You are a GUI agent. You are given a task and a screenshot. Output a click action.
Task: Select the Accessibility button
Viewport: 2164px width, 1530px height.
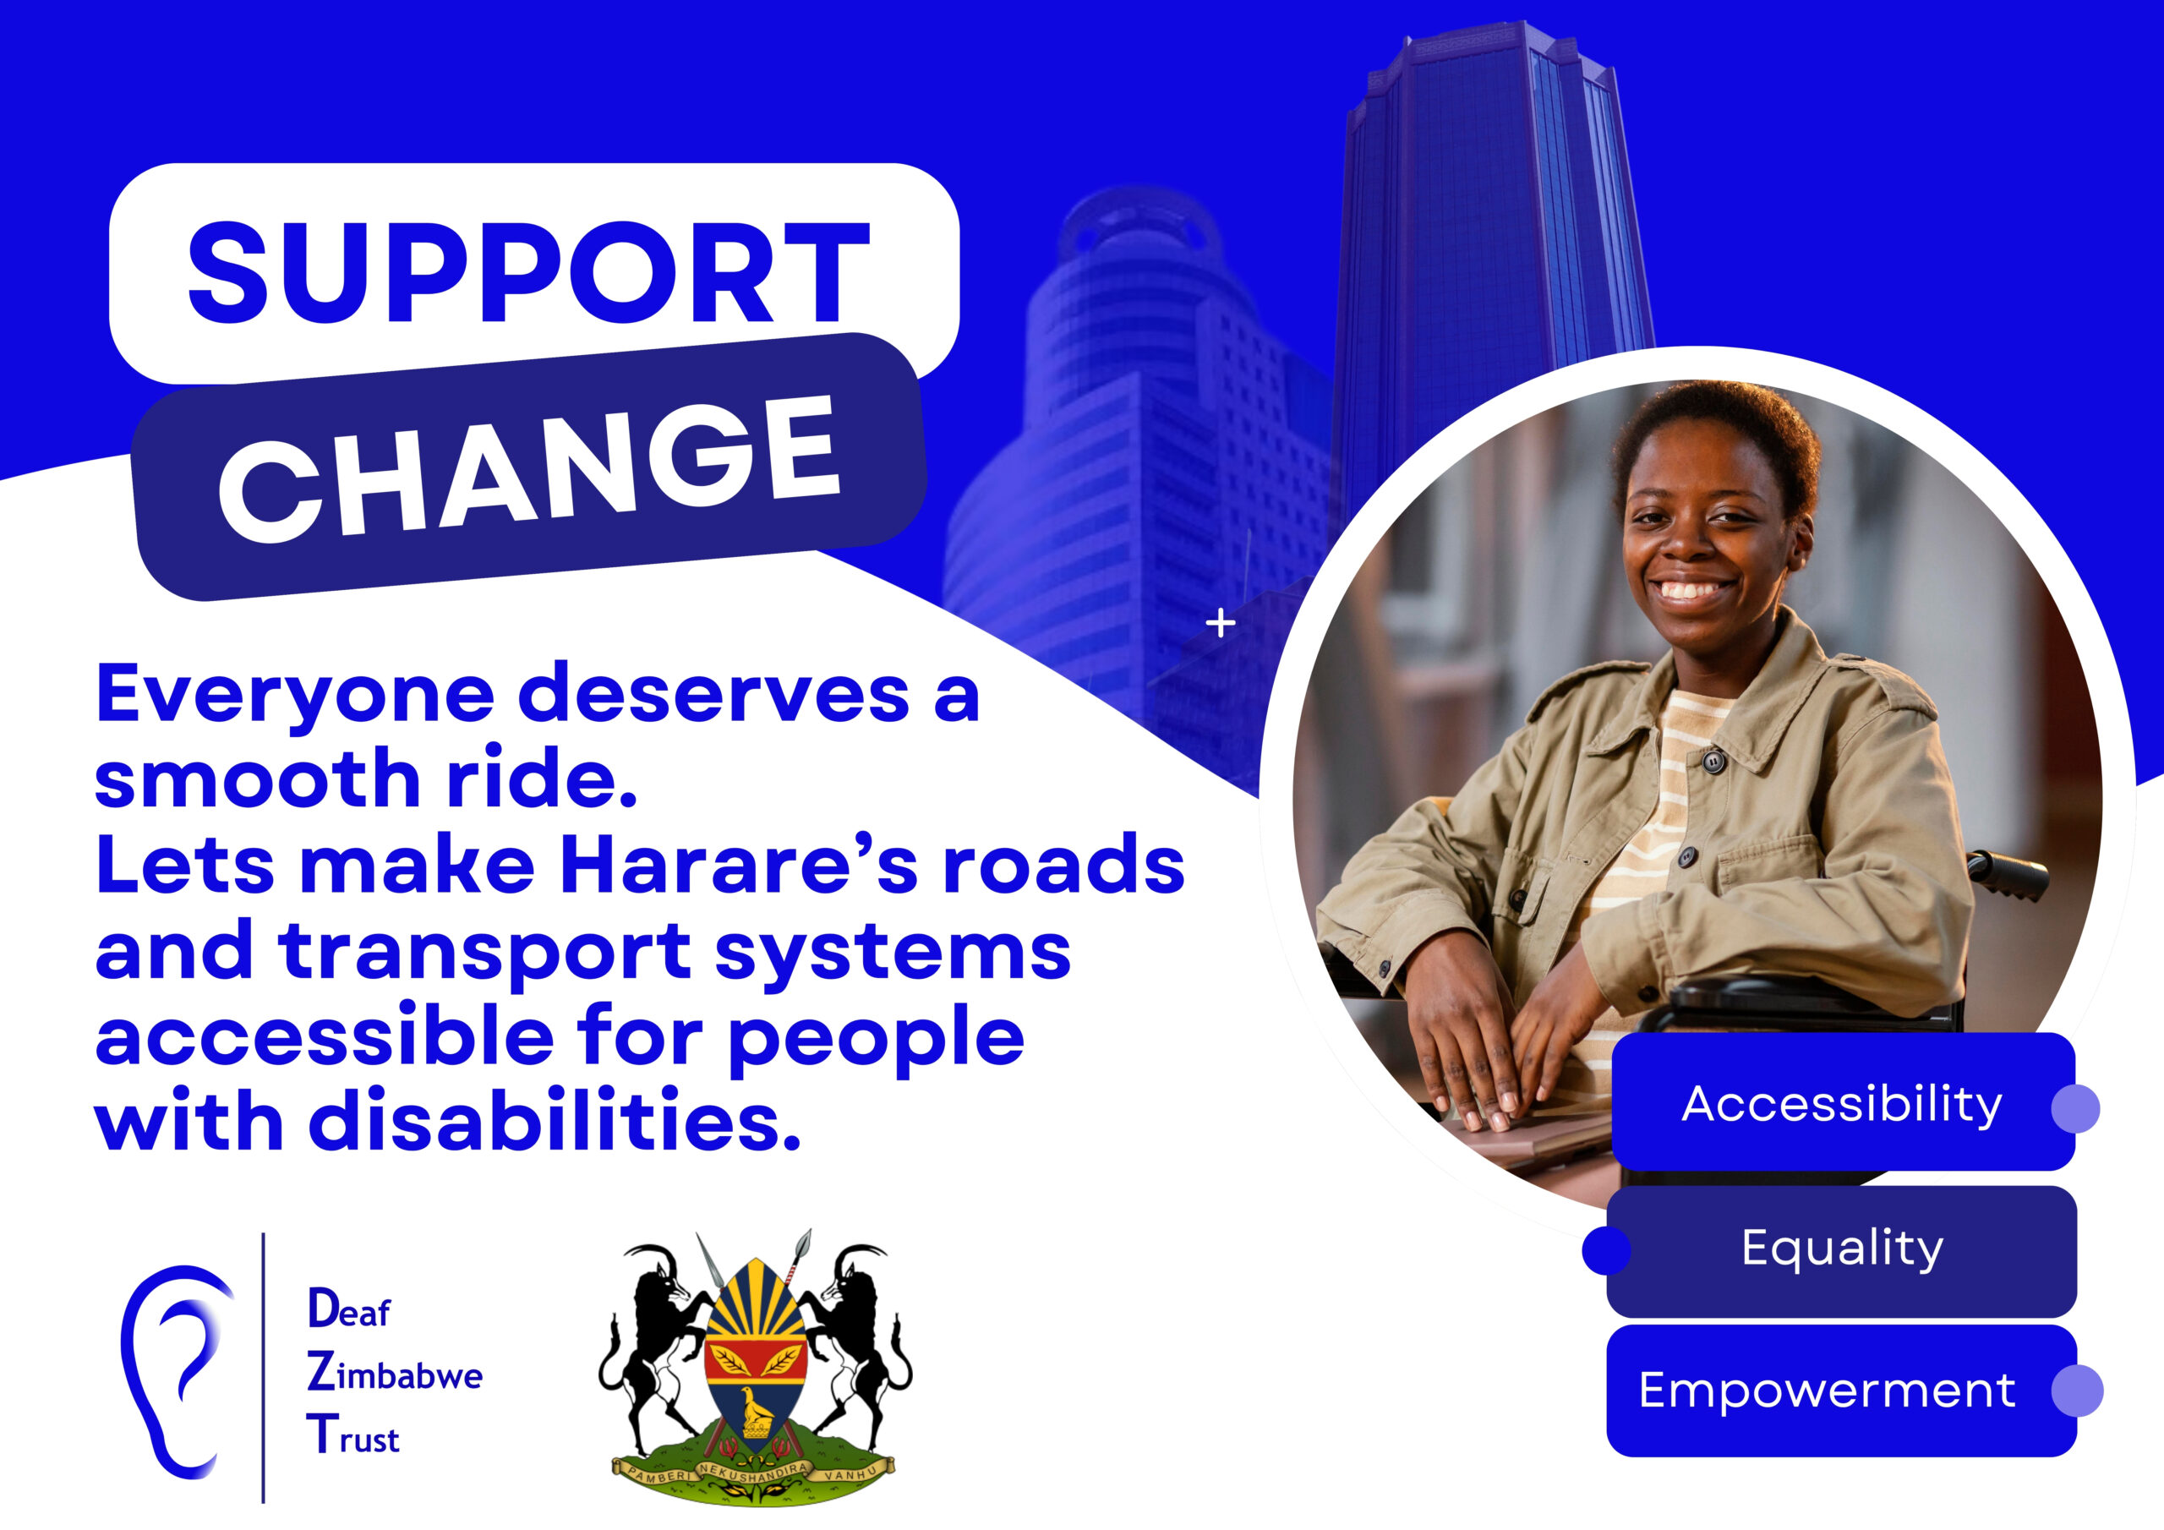[1843, 1102]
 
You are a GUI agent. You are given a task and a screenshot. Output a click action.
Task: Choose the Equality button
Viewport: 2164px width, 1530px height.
[1842, 1250]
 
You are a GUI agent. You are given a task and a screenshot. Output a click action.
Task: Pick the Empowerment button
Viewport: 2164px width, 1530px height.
[1842, 1390]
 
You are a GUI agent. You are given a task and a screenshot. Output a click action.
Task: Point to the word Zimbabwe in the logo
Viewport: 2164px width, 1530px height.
[394, 1373]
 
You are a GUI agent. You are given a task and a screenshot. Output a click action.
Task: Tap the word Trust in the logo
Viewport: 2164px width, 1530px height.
[353, 1435]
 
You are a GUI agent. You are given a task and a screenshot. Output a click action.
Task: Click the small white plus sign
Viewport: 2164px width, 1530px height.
[1221, 623]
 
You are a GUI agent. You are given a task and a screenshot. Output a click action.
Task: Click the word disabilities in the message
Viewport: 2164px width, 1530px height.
[555, 1122]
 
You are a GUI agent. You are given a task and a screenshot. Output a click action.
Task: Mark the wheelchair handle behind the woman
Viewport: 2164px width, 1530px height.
[2008, 873]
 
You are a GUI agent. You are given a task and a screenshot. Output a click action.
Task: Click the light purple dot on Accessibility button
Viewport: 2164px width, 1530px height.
[2075, 1107]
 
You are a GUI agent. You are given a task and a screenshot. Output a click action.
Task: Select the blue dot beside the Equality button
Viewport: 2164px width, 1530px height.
[1606, 1251]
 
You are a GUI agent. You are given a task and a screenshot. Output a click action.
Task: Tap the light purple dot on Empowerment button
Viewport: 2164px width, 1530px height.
[2077, 1391]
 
